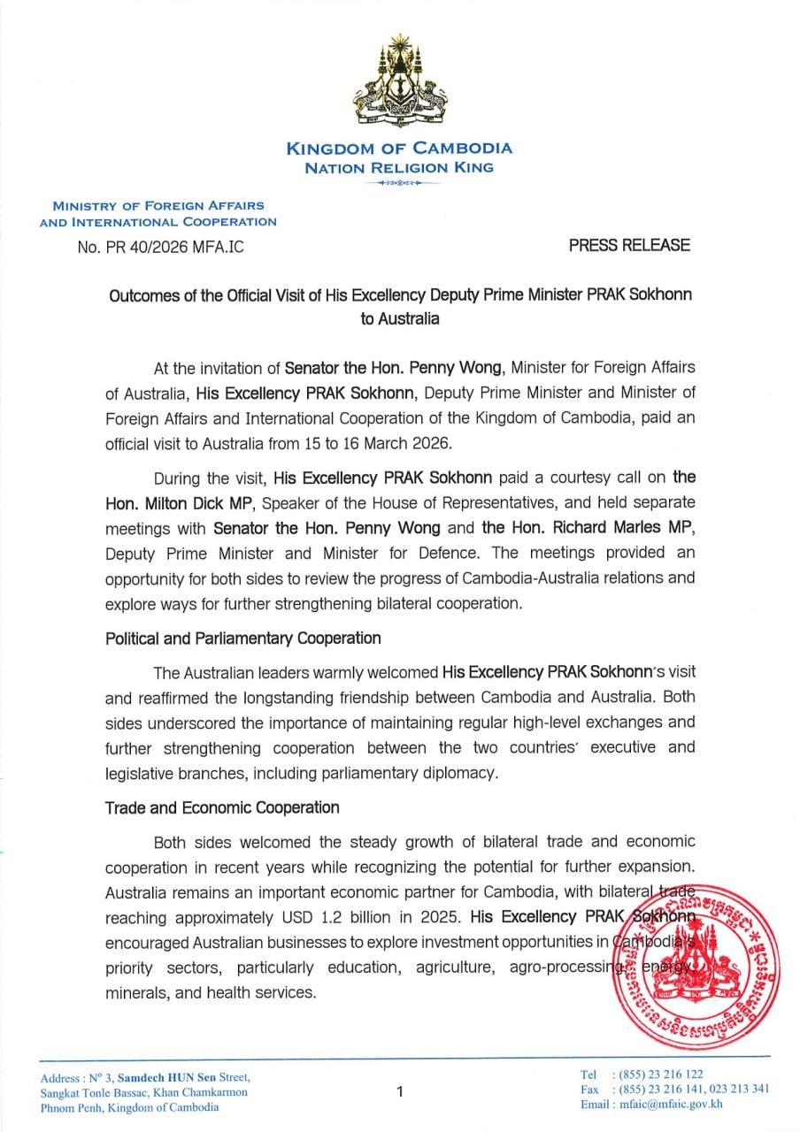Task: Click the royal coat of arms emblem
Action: pyautogui.click(x=399, y=81)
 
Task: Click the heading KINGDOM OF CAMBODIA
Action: pyautogui.click(x=399, y=149)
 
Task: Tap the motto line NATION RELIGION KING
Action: pyautogui.click(x=399, y=167)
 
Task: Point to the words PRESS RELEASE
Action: pyautogui.click(x=629, y=246)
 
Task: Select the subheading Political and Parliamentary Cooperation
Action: pyautogui.click(x=243, y=638)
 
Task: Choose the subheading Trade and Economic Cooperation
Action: pyautogui.click(x=222, y=807)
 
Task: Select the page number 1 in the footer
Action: pyautogui.click(x=400, y=1091)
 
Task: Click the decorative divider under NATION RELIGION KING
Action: pyautogui.click(x=399, y=183)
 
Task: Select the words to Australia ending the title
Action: pyautogui.click(x=400, y=319)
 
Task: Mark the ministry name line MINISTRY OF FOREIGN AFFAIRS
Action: pyautogui.click(x=158, y=206)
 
